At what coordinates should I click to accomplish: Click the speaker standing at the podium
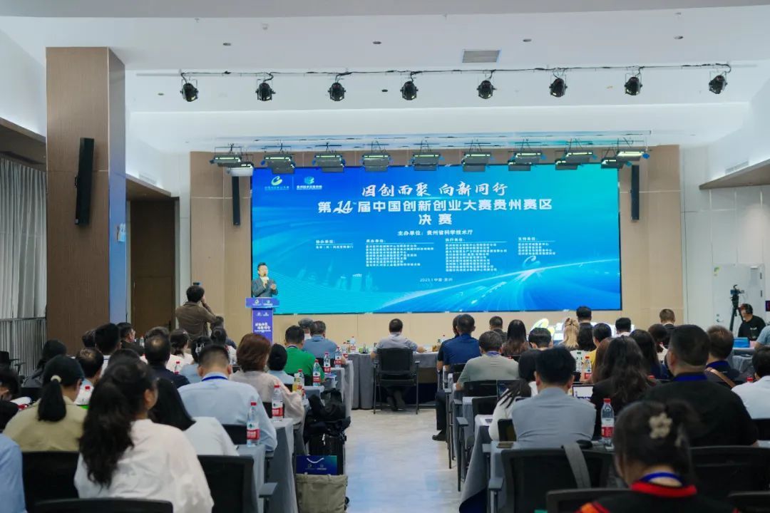(264, 281)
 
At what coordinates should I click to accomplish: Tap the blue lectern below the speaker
(262, 317)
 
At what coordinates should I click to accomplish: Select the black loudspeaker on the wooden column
(85, 182)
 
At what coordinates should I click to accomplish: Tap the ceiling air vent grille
(481, 56)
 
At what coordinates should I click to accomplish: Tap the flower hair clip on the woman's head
(660, 426)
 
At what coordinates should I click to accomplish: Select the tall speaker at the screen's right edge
(635, 192)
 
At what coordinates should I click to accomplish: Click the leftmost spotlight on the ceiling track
(189, 90)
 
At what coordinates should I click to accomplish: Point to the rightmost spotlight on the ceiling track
(717, 83)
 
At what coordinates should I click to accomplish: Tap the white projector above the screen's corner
(241, 171)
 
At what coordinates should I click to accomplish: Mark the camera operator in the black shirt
(750, 324)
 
